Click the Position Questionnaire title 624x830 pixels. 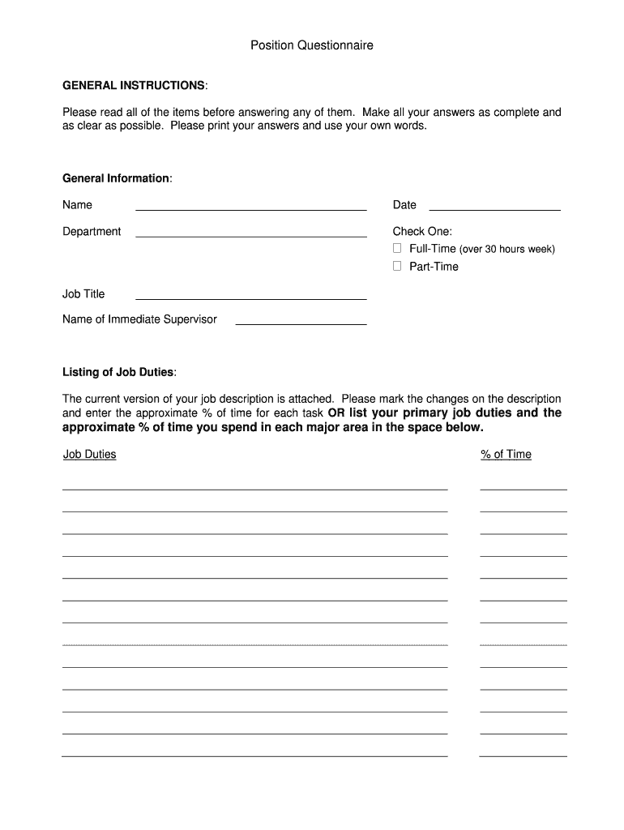pos(312,46)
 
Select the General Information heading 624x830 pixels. pos(116,178)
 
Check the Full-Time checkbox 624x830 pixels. pos(397,249)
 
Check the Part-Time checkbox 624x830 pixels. pos(397,266)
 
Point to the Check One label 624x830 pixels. pos(422,232)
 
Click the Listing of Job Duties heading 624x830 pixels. pos(118,372)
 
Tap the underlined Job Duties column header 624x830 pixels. pos(90,455)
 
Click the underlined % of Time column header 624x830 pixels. pos(506,455)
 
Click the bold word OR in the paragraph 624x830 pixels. pos(336,413)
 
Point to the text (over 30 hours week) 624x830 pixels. pos(507,250)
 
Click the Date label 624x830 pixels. pos(404,205)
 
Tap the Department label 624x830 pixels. pos(92,232)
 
